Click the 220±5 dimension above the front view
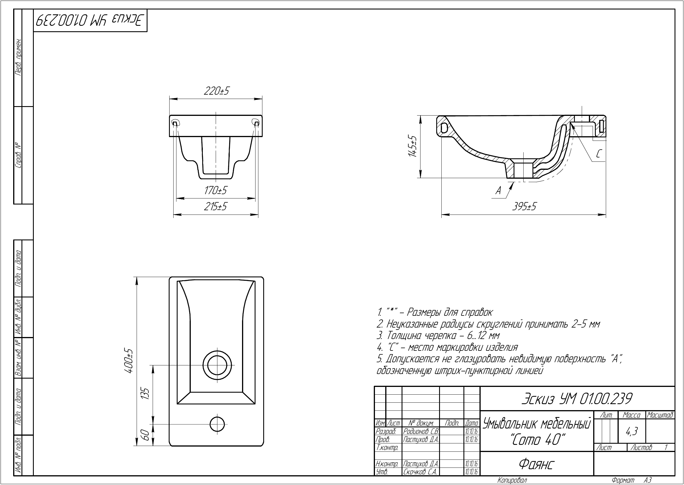216,91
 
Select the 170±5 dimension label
215,190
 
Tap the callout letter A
498,190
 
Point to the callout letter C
599,154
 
